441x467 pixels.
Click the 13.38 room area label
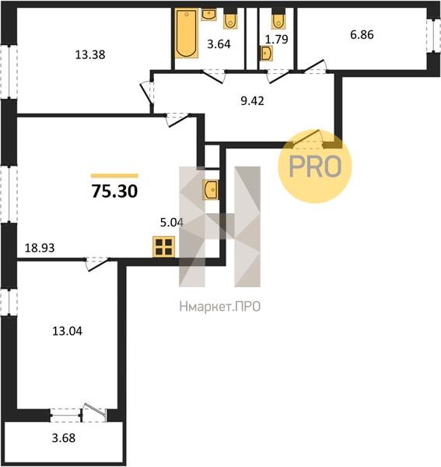coord(90,54)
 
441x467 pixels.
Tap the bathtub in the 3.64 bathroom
coord(187,33)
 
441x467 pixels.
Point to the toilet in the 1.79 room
coord(278,19)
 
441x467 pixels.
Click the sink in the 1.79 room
coord(266,53)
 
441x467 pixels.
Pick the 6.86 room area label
coord(362,34)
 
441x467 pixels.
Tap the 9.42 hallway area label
coord(252,101)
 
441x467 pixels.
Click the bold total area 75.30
coord(114,191)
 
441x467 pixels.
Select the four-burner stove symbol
coord(163,247)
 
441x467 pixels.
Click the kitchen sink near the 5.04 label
coord(210,189)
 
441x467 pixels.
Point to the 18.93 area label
coord(40,248)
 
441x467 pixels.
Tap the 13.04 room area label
coord(67,331)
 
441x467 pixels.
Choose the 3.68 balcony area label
coord(64,438)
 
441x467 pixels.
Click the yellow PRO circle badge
coord(315,167)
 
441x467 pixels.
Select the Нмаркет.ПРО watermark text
coord(220,307)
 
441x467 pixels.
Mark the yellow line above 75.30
coord(114,176)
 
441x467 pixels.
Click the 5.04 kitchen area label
coord(172,223)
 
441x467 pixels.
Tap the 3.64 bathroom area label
coord(219,44)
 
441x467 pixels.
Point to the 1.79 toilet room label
coord(277,39)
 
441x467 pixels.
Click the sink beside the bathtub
coord(209,14)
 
